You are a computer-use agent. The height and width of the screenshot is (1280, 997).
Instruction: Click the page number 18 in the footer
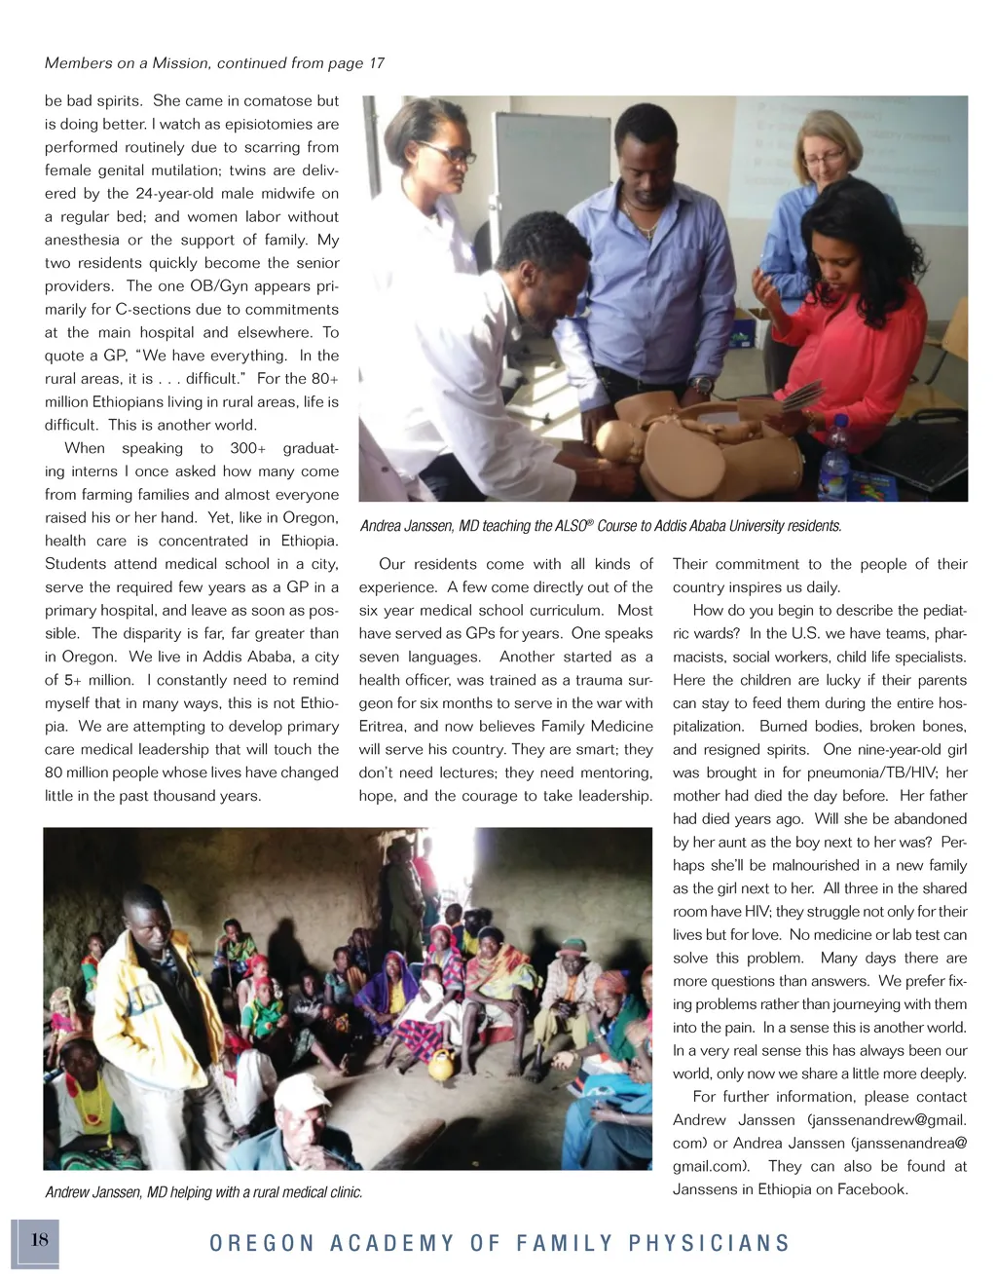coord(39,1240)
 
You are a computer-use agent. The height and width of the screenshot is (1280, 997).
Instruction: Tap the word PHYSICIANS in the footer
coord(709,1244)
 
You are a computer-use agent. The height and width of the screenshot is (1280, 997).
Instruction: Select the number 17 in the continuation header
coord(376,63)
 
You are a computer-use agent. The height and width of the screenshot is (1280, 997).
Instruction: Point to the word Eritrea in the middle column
coord(383,727)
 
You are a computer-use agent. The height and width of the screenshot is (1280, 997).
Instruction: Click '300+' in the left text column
coord(248,448)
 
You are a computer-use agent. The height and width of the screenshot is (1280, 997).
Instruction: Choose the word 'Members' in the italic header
coord(79,63)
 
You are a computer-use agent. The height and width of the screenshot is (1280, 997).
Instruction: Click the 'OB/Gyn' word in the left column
coord(203,286)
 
